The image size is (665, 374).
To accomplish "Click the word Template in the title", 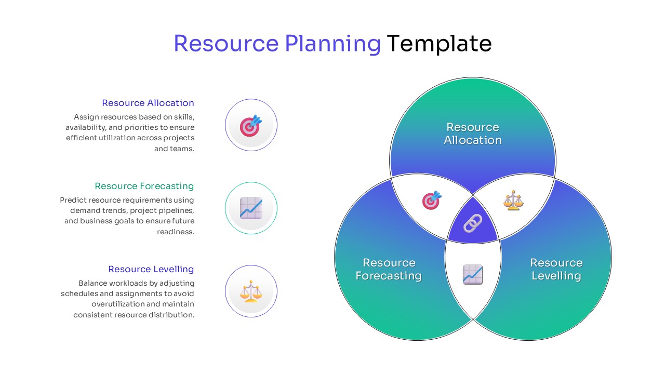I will pyautogui.click(x=439, y=44).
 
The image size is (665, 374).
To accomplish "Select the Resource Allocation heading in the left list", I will pyautogui.click(x=148, y=103).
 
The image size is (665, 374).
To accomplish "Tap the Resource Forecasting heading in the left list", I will pyautogui.click(x=144, y=186).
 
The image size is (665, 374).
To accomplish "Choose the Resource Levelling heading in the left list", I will pyautogui.click(x=151, y=269).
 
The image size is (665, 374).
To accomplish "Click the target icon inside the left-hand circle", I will pyautogui.click(x=251, y=126).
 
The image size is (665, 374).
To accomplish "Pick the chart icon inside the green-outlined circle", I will pyautogui.click(x=251, y=208).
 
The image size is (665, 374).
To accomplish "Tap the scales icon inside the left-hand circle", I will pyautogui.click(x=251, y=291).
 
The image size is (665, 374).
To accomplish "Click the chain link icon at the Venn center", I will pyautogui.click(x=473, y=223).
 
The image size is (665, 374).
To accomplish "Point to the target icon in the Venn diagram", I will pyautogui.click(x=431, y=200).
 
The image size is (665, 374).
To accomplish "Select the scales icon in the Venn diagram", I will pyautogui.click(x=513, y=201).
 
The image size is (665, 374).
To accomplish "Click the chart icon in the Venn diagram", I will pyautogui.click(x=473, y=274).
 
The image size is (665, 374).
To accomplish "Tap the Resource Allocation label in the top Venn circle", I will pyautogui.click(x=473, y=133).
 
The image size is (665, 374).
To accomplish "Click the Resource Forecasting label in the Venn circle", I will pyautogui.click(x=389, y=269).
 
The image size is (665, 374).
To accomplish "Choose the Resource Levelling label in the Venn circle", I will pyautogui.click(x=556, y=269).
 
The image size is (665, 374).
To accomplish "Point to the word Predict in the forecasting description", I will pyautogui.click(x=73, y=200).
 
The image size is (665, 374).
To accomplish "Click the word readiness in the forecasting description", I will pyautogui.click(x=176, y=232).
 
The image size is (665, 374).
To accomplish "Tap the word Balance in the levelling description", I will pyautogui.click(x=92, y=283).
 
